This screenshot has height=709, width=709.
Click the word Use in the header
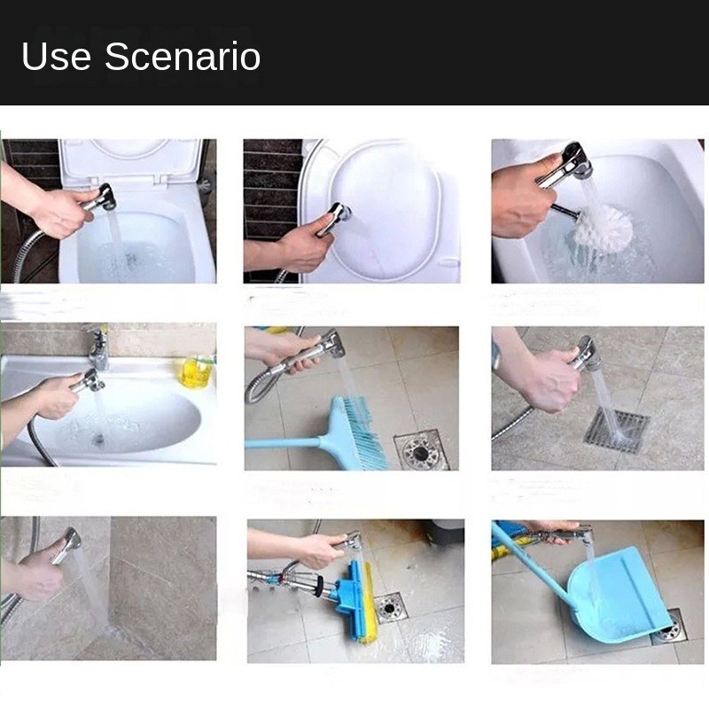56,57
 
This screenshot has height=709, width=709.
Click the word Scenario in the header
183,57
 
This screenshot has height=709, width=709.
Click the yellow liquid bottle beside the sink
196,370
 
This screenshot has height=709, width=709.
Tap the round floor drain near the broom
421,450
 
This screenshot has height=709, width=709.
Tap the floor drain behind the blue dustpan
671,626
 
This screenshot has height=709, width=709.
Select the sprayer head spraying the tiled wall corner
67,542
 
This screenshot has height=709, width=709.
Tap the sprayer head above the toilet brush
573,163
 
